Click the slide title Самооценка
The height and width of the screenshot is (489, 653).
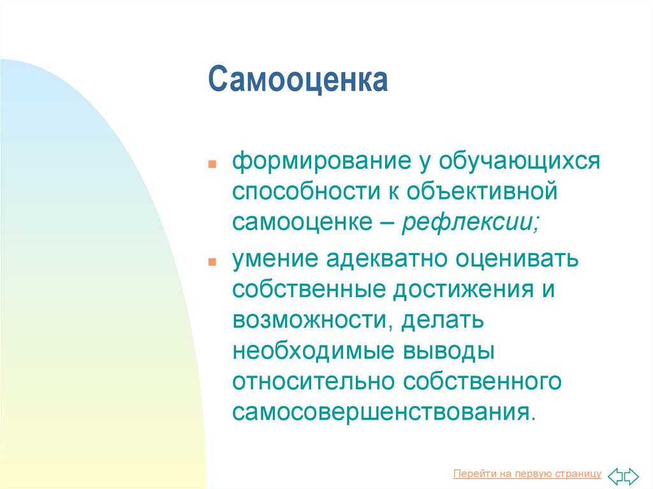(x=298, y=79)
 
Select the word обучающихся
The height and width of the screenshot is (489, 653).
(x=519, y=161)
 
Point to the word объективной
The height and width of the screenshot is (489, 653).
(x=482, y=191)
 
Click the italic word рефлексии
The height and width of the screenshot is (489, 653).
(x=470, y=222)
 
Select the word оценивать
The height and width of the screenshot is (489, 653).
(x=517, y=259)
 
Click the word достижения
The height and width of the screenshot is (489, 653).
(x=464, y=290)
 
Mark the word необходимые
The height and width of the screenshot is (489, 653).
(x=313, y=351)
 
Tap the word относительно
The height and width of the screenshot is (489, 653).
(x=313, y=381)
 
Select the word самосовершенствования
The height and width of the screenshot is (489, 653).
(x=383, y=412)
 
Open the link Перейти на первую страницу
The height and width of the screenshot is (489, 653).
(x=527, y=474)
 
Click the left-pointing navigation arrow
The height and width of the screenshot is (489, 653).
(x=615, y=476)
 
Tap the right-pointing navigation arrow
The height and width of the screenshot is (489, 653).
(x=631, y=476)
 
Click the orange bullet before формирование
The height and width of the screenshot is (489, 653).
(x=212, y=164)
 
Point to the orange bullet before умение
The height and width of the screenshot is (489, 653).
(x=212, y=262)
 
